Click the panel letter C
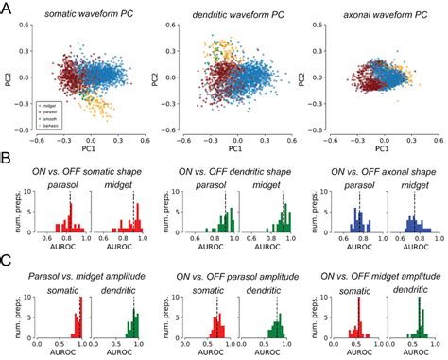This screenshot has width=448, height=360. click(7, 267)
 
